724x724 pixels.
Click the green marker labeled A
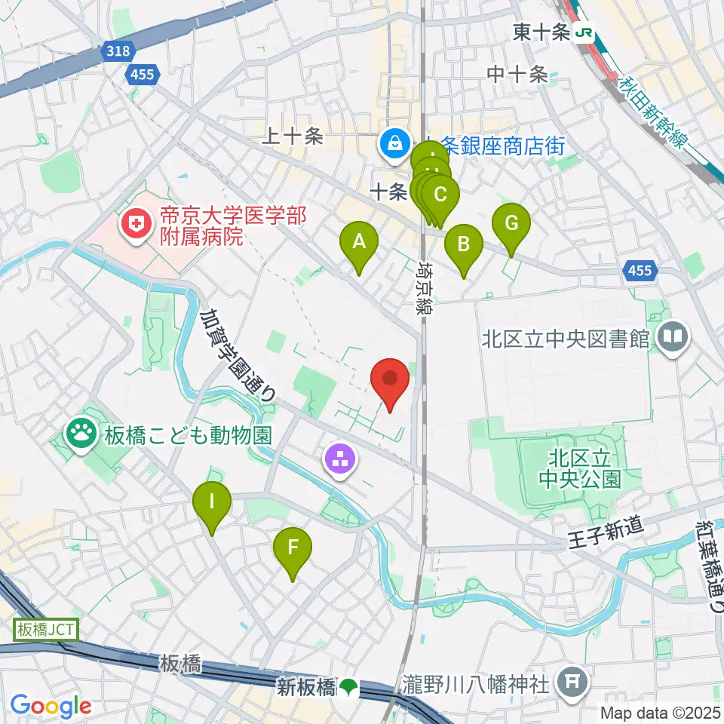360,244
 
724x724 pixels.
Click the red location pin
390,379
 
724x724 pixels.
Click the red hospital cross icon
137,224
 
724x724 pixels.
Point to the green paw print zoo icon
81,433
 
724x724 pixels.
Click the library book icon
673,336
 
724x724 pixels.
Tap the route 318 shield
118,51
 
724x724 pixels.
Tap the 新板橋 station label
305,687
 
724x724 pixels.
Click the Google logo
51,706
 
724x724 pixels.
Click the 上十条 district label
292,136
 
